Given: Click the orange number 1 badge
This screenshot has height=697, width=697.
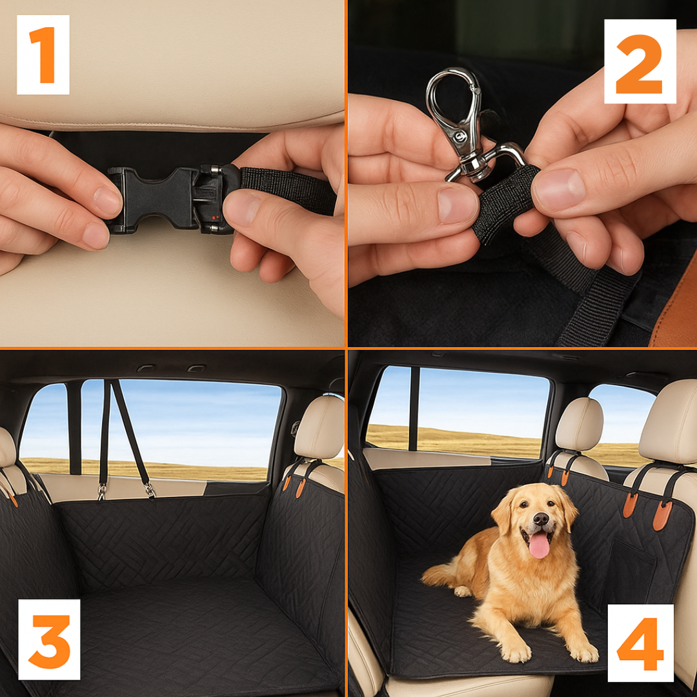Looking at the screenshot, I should click(x=43, y=55).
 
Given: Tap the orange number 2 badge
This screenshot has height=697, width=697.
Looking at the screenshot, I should click(x=640, y=61).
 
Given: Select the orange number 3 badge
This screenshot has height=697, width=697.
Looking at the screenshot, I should click(x=49, y=639).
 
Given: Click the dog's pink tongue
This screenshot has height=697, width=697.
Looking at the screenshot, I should click(x=539, y=545).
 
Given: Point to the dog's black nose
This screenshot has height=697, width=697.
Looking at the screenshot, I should click(x=541, y=518).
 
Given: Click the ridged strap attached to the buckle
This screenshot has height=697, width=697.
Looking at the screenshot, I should click(x=287, y=189).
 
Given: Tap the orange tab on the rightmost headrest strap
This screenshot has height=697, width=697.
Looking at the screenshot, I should click(x=662, y=515).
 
